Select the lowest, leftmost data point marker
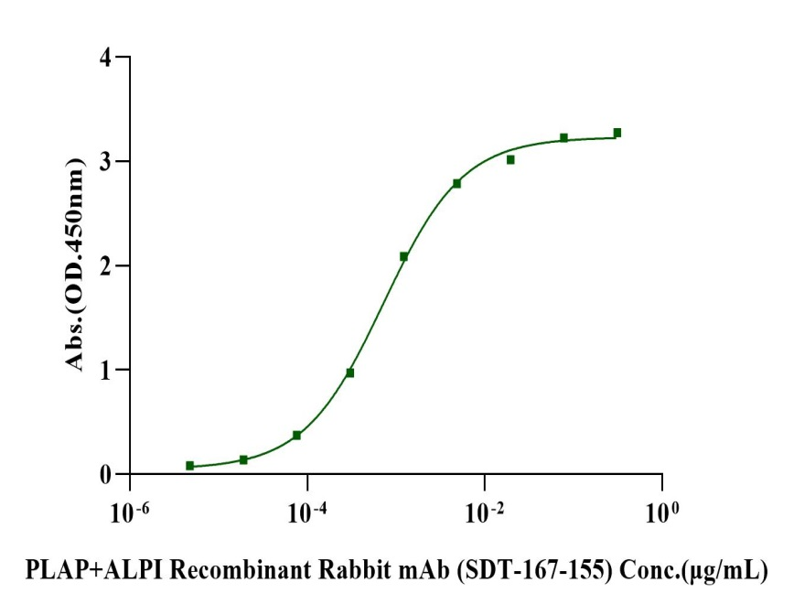pyautogui.click(x=190, y=466)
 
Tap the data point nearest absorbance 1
pyautogui.click(x=350, y=372)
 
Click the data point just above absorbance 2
pyautogui.click(x=403, y=256)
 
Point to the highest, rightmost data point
pyautogui.click(x=617, y=133)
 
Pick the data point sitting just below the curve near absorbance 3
pyautogui.click(x=510, y=159)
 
